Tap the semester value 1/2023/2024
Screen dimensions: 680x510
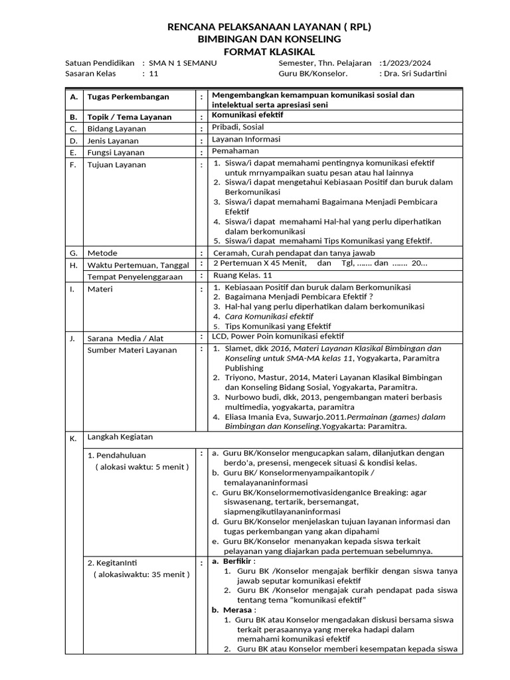405,63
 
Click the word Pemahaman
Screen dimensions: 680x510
235,151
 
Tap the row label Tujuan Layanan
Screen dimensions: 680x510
117,165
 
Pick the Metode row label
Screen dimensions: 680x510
102,254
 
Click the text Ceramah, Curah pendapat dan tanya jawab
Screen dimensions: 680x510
294,253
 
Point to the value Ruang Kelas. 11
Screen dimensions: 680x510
243,275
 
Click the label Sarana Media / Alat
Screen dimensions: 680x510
126,339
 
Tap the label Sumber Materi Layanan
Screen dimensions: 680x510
133,350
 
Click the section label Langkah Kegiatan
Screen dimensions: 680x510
120,437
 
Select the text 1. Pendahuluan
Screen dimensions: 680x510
116,456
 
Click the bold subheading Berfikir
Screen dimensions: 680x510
241,560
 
